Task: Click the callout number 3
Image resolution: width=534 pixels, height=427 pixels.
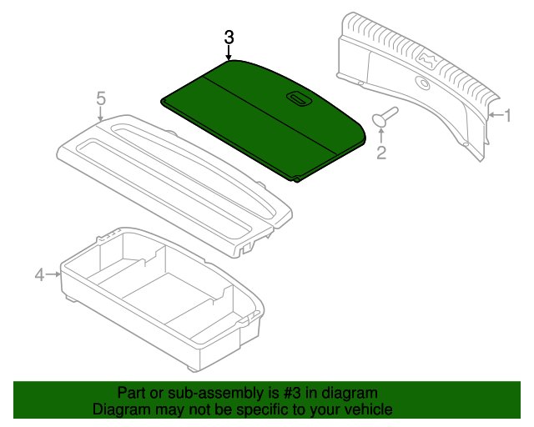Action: [229, 38]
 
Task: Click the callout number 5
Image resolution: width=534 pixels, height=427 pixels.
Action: [101, 98]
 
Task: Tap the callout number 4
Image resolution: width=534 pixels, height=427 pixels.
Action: [38, 274]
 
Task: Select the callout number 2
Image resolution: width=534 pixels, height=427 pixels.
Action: [381, 152]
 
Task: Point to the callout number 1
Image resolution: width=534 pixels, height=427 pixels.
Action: [506, 116]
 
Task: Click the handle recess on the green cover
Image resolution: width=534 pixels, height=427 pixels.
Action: [297, 98]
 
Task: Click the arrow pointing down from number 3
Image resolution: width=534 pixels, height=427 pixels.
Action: [229, 54]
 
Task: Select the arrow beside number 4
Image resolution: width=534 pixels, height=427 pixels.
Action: [53, 274]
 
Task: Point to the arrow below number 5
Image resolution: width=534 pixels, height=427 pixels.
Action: [101, 114]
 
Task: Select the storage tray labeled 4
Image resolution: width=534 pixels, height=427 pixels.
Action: [159, 300]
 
